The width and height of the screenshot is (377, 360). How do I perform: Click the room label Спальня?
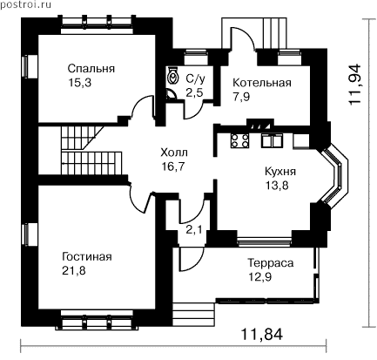[91, 69]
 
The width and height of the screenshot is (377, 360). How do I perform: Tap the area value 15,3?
[80, 83]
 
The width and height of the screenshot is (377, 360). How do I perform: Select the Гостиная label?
[87, 257]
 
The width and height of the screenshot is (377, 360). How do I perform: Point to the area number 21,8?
[74, 271]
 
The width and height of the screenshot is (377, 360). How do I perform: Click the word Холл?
[174, 153]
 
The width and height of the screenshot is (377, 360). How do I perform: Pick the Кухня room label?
[280, 172]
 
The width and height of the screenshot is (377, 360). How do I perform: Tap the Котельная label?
[262, 83]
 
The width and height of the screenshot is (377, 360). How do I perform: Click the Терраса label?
[270, 263]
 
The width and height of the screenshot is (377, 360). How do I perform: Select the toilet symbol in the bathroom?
[173, 77]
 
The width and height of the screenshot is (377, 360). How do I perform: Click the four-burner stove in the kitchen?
[239, 140]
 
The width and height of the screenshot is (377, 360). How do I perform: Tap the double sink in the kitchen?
[271, 140]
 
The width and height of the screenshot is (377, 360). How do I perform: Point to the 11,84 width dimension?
[262, 335]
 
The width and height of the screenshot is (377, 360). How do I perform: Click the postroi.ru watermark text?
[25, 5]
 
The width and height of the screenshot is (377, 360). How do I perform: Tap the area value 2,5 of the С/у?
[194, 93]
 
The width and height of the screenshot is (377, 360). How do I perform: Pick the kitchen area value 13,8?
[277, 185]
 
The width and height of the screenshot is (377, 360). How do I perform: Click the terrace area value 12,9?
[260, 277]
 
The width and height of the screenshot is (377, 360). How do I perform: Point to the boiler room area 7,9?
[241, 97]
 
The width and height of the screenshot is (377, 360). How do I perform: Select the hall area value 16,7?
[173, 166]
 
